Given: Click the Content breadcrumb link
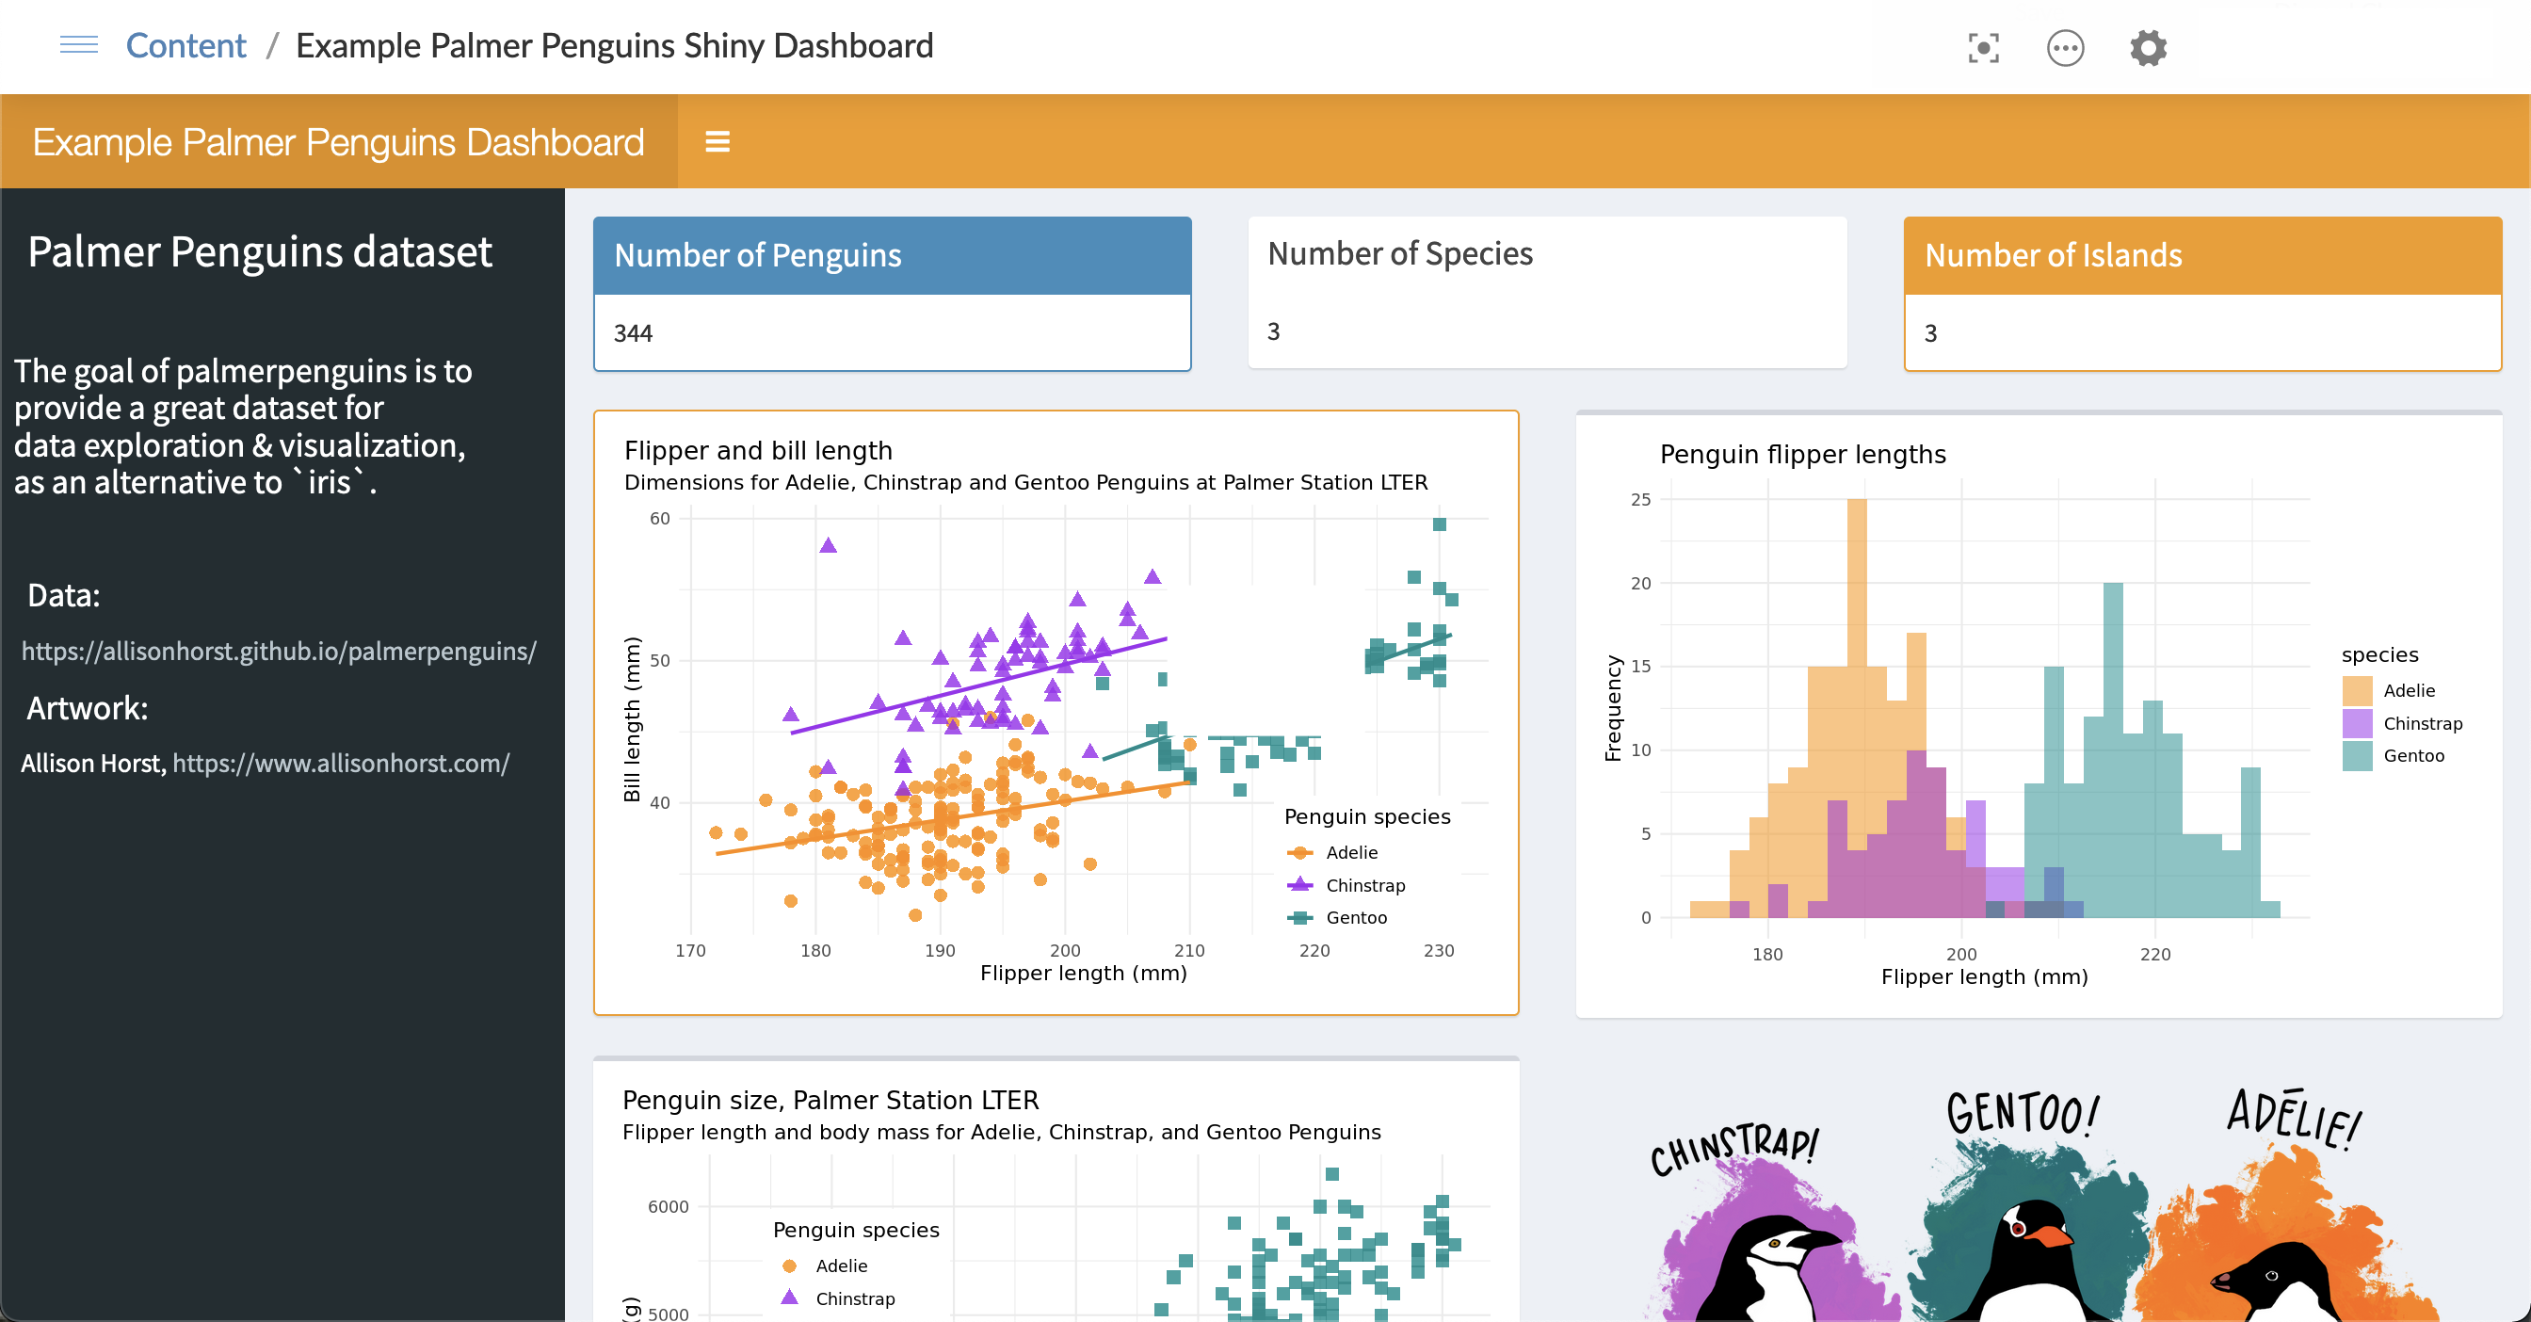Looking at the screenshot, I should pos(185,46).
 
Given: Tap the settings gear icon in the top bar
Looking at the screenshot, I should pos(2148,48).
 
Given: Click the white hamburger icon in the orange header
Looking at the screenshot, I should pos(717,142).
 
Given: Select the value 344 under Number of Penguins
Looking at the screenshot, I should pos(633,334).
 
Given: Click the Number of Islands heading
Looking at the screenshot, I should pos(2053,255).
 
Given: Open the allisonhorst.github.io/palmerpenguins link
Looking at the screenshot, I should pos(279,652).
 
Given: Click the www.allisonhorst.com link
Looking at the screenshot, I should pos(341,763).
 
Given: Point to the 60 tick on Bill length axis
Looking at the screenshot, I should pos(659,519).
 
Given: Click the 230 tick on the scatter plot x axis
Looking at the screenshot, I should pos(1439,950).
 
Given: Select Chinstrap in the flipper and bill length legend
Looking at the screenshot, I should pos(1364,885).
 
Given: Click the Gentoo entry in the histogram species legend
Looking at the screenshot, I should pos(2412,755).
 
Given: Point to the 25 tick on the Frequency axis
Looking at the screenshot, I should pos(1640,500).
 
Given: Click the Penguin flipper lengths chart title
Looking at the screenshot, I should pos(1802,455).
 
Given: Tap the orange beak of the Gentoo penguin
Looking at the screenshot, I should pos(2050,1233).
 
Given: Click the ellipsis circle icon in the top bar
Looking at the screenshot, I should pos(2065,48).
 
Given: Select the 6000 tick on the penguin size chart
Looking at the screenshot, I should pos(669,1207).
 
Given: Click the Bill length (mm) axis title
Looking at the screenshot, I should pos(632,719).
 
